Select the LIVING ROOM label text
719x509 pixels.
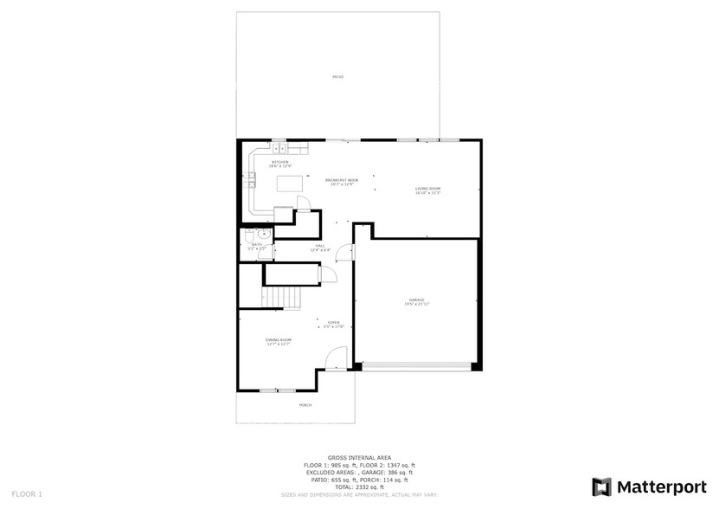pyautogui.click(x=427, y=190)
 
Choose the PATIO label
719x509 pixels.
pyautogui.click(x=337, y=77)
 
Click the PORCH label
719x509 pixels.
pyautogui.click(x=305, y=405)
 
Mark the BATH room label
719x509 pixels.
pyautogui.click(x=256, y=246)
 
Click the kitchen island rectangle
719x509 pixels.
pyautogui.click(x=291, y=184)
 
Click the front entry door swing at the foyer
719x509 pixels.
pyautogui.click(x=337, y=357)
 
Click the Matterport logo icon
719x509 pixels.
pyautogui.click(x=601, y=486)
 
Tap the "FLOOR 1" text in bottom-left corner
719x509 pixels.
pyautogui.click(x=28, y=494)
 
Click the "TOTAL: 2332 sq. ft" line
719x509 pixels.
pyautogui.click(x=358, y=487)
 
